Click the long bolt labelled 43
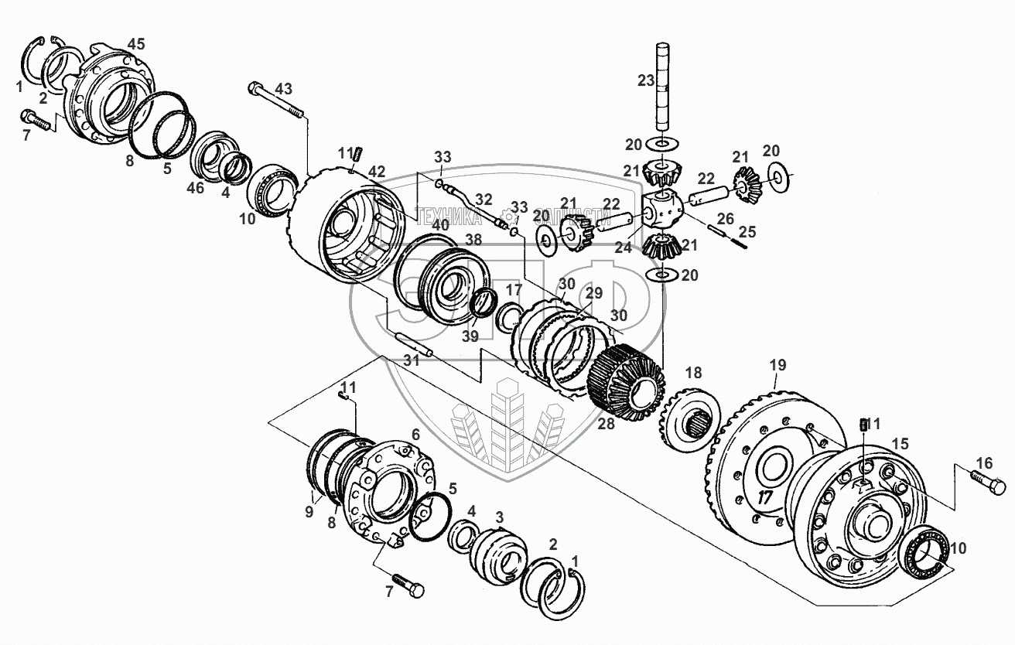click(275, 101)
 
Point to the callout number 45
click(136, 43)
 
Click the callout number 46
click(197, 187)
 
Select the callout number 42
click(376, 171)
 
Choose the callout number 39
click(470, 336)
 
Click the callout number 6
click(415, 435)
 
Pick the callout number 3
click(500, 516)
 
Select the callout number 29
click(593, 293)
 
